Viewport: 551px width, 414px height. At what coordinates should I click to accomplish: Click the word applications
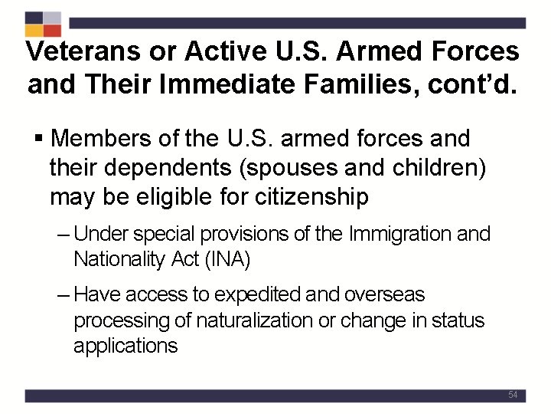click(x=125, y=346)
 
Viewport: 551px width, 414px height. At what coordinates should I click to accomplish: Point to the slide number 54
click(x=513, y=395)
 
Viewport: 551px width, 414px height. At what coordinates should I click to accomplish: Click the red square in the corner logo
click(x=52, y=30)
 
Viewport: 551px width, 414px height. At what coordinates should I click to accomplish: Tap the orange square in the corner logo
click(x=34, y=30)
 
